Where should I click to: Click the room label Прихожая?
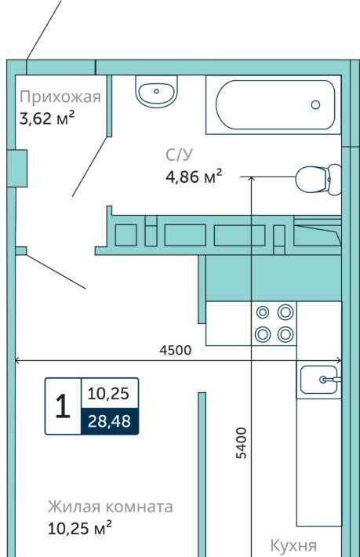point(60,97)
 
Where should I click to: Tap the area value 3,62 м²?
point(47,118)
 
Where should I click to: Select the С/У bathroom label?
point(180,155)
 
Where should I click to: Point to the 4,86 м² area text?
point(194,177)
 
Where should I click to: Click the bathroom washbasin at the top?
point(156,91)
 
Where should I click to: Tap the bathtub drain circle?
point(315,104)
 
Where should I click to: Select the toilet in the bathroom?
point(318,180)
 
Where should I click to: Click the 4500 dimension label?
point(176,350)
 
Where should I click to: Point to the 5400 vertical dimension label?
point(242,443)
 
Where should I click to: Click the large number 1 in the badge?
point(64,406)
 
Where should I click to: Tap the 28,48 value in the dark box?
point(109,421)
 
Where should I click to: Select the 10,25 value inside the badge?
point(108,394)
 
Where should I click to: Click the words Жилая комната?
point(111,507)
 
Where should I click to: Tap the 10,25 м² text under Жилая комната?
point(80,528)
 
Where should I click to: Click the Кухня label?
point(293,545)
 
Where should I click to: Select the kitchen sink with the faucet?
point(318,380)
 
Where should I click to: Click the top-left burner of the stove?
point(263,312)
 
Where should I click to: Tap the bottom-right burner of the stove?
point(285,334)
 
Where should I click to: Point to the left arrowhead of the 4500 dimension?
point(17,362)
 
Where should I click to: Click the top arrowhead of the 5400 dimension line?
point(251,179)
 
